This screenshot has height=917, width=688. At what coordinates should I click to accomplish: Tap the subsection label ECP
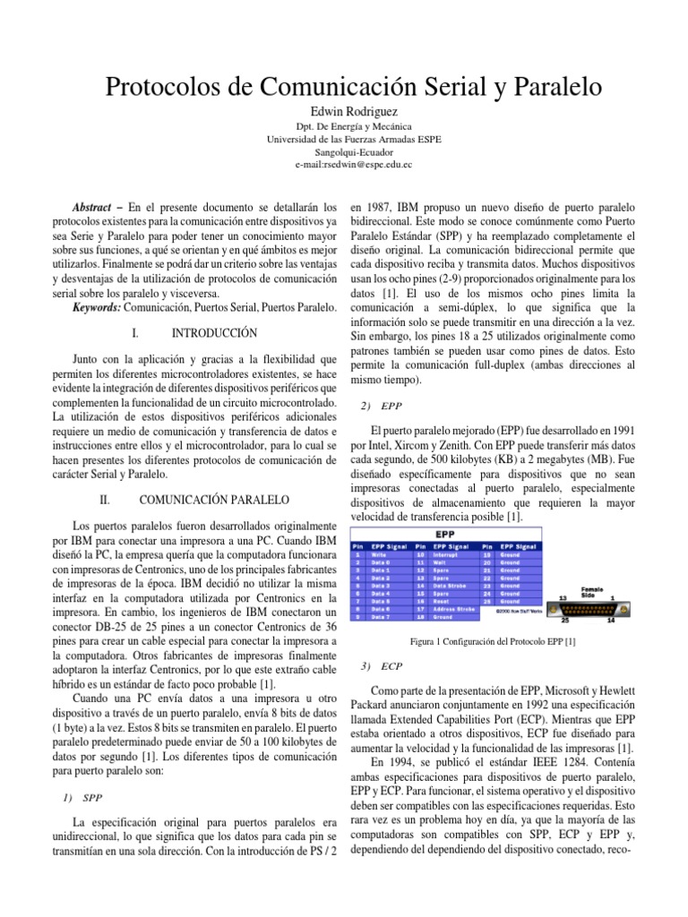click(x=391, y=666)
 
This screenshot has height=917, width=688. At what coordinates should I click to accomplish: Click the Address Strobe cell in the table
click(x=455, y=609)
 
